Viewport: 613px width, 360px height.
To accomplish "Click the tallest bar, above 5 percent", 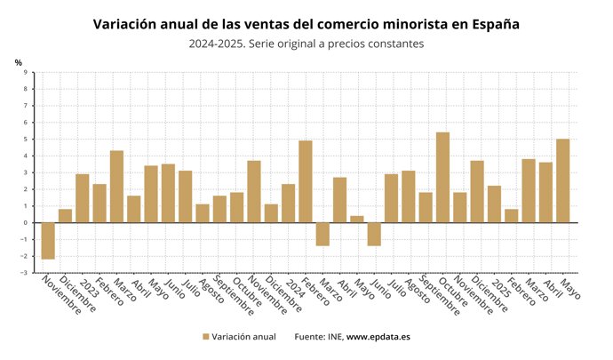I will point(442,178).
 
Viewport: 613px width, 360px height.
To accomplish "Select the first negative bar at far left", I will point(48,240).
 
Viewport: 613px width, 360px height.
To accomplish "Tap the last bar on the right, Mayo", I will point(562,181).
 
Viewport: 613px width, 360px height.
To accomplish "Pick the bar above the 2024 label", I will point(288,204).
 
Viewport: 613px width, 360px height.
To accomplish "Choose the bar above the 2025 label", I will point(494,204).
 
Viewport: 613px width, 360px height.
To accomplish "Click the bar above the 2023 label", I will point(82,198).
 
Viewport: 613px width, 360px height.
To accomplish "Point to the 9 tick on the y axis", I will point(25,73).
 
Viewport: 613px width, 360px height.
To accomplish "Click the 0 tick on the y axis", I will point(25,223).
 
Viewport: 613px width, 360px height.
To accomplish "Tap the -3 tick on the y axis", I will point(24,273).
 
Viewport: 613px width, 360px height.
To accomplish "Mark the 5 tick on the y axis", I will point(25,140).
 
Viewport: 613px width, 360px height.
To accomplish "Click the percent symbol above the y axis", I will point(18,61).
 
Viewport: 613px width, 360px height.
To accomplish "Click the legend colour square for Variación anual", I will point(205,337).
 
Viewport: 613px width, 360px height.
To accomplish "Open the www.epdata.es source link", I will point(378,337).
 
